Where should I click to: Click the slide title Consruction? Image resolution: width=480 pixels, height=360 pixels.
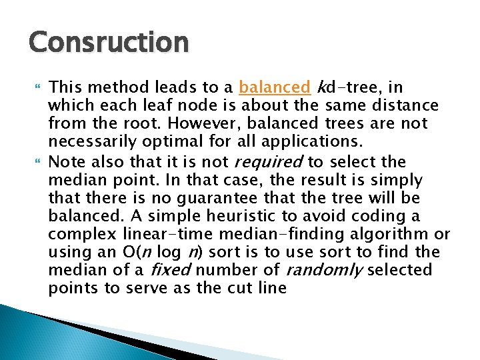click(109, 42)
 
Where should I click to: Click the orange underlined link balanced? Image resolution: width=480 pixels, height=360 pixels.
click(274, 87)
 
